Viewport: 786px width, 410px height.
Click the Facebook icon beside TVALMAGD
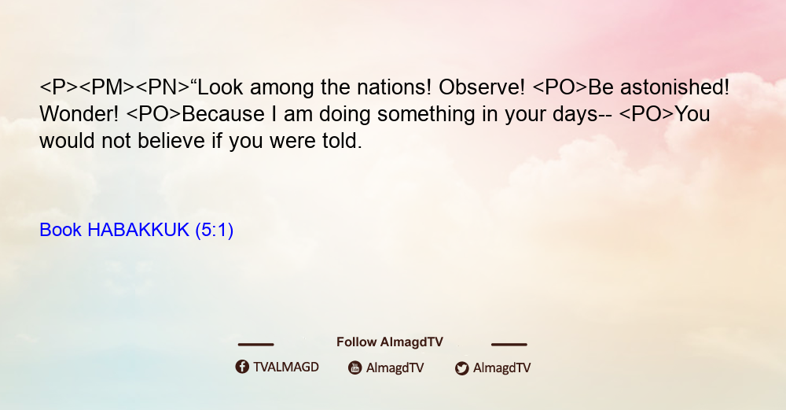(x=242, y=367)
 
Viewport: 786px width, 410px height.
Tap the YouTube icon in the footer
(x=355, y=368)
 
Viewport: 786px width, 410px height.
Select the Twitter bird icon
(x=461, y=368)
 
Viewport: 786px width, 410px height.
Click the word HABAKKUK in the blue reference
(x=138, y=230)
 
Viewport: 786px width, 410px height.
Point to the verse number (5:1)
(x=214, y=231)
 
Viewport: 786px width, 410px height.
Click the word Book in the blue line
(x=61, y=230)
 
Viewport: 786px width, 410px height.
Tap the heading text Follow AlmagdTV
(x=390, y=342)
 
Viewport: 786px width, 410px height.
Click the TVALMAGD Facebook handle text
(x=286, y=367)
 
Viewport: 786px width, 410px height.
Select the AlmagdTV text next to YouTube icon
(x=395, y=368)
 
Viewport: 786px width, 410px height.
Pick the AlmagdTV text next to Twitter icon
(x=501, y=368)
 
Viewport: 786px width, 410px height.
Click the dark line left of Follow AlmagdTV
(x=255, y=345)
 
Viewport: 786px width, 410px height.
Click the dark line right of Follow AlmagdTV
(x=509, y=345)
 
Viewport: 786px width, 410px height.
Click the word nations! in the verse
(x=394, y=87)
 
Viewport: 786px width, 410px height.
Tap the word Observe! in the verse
(x=482, y=87)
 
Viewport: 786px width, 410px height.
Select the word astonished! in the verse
(x=674, y=87)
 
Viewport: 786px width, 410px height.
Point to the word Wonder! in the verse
(x=79, y=114)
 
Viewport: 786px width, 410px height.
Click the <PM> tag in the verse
(x=107, y=87)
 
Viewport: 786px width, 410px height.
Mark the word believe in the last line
(x=171, y=141)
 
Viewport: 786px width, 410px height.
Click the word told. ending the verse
(x=342, y=141)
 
